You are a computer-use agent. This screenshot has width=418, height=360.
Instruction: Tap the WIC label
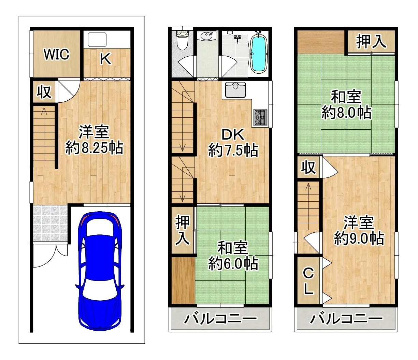pyautogui.click(x=56, y=54)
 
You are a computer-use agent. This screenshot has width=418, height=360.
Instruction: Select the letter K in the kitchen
pyautogui.click(x=105, y=59)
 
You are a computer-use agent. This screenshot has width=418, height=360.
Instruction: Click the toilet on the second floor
pyautogui.click(x=183, y=40)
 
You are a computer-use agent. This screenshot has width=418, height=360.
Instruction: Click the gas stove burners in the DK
pyautogui.click(x=260, y=117)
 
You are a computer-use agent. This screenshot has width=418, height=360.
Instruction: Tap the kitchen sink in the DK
pyautogui.click(x=235, y=90)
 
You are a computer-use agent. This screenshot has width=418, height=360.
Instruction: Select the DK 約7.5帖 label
pyautogui.click(x=233, y=143)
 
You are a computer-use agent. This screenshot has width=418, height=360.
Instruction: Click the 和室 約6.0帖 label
pyautogui.click(x=233, y=256)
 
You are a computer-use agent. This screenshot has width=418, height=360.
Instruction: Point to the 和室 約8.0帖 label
pyautogui.click(x=346, y=105)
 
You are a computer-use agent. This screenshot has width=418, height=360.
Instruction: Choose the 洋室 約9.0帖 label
pyautogui.click(x=359, y=230)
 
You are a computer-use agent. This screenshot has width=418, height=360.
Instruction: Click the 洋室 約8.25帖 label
pyautogui.click(x=94, y=140)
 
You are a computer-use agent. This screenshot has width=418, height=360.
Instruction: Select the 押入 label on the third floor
pyautogui.click(x=371, y=42)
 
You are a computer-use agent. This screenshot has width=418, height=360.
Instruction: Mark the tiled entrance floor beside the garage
pyautogui.click(x=50, y=223)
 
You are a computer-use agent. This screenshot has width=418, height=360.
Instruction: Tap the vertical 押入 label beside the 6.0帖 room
pyautogui.click(x=183, y=230)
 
